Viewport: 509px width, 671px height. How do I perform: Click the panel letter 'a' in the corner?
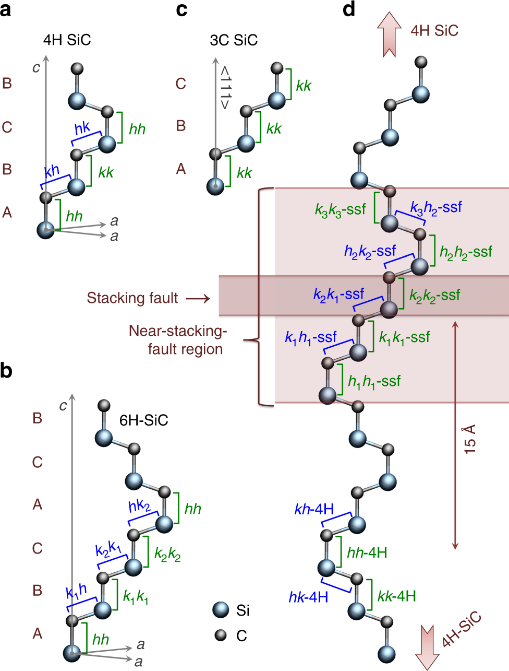[6, 10]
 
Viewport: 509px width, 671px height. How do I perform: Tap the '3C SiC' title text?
[234, 40]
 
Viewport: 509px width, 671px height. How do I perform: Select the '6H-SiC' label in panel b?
[144, 420]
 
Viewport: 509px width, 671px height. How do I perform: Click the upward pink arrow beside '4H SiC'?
[389, 33]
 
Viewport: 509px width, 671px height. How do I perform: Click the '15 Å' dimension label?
[469, 439]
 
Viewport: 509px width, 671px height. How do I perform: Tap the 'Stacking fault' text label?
[132, 298]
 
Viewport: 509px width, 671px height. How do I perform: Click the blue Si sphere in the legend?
[221, 609]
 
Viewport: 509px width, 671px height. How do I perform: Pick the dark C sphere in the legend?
[221, 635]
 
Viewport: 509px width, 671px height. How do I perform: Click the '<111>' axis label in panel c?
[225, 87]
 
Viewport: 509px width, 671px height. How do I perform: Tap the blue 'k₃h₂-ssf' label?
[436, 208]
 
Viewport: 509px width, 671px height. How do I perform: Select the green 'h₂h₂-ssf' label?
[466, 252]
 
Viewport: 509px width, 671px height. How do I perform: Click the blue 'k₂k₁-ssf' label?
[338, 295]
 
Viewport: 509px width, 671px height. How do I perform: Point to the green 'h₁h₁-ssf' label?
[374, 382]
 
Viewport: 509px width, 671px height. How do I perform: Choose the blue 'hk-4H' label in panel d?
[308, 597]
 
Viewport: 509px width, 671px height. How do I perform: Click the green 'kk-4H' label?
[397, 596]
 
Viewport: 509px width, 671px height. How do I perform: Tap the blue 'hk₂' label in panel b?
[139, 505]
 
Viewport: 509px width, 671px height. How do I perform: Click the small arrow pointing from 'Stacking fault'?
[198, 299]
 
